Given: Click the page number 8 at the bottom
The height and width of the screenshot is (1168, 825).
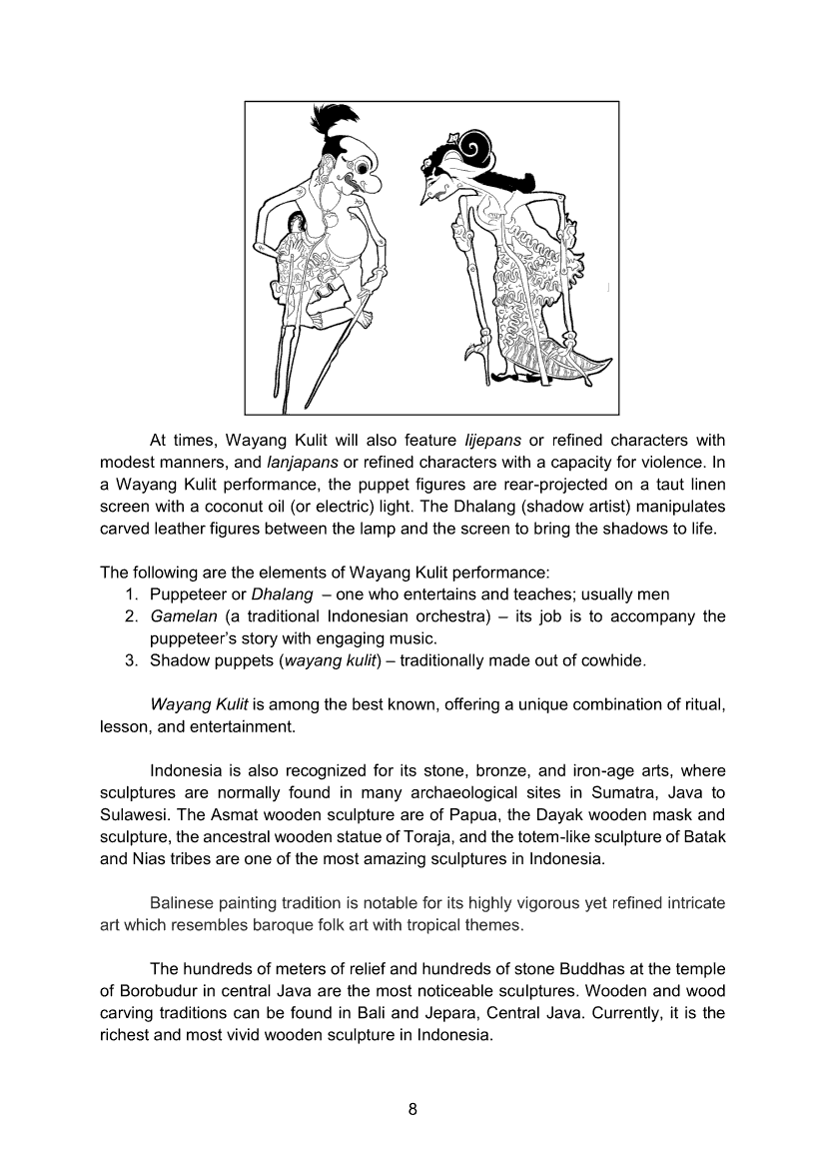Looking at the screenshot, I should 412,1111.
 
